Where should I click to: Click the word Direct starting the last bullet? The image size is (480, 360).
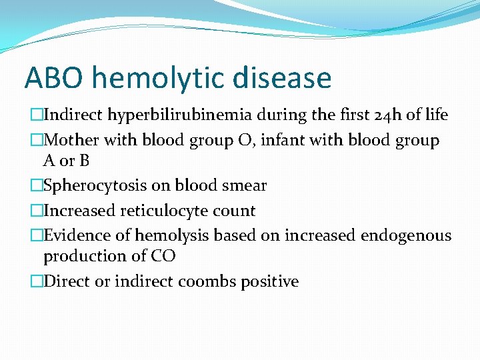[67, 281]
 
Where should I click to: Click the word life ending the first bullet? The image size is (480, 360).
[437, 115]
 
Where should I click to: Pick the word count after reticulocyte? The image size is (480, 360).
[233, 211]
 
